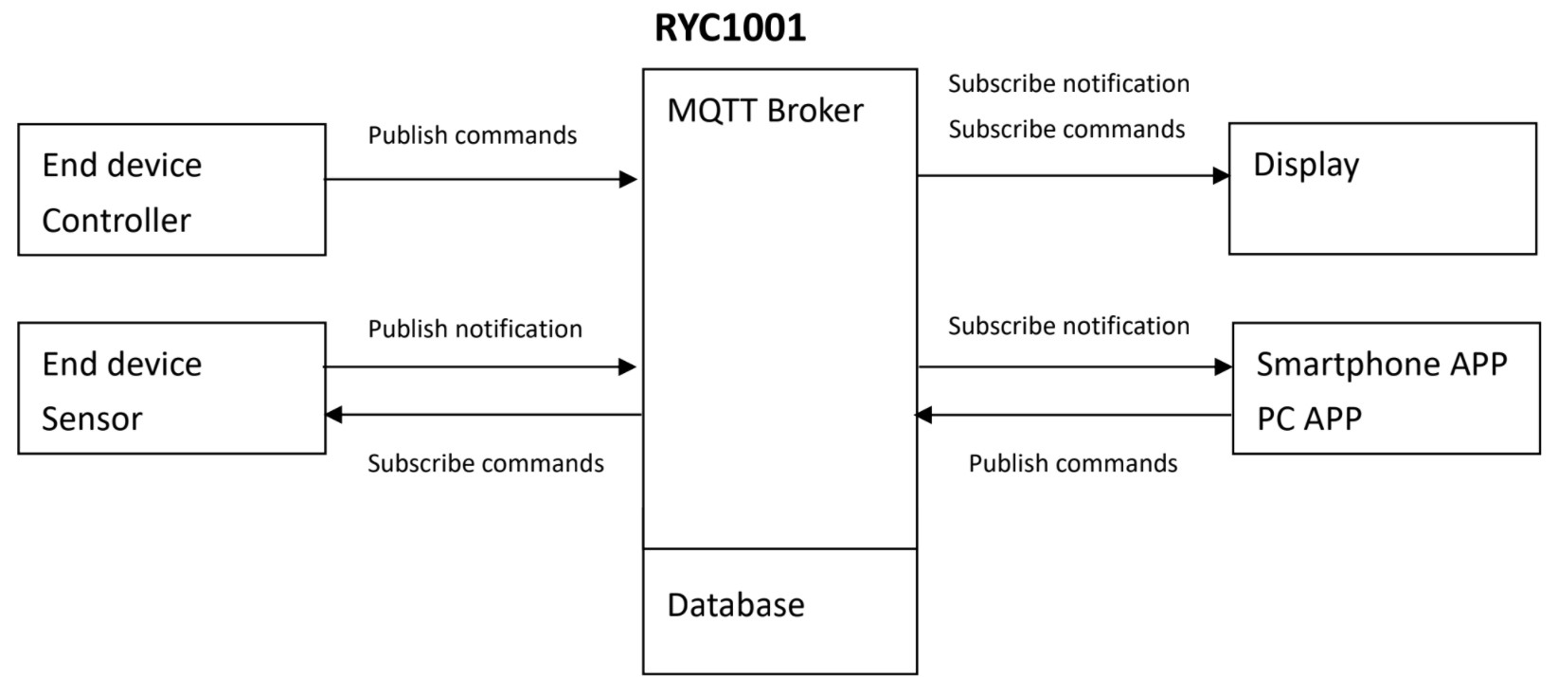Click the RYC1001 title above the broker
(729, 27)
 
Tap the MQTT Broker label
(764, 111)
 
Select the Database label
(735, 605)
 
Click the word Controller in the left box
(116, 221)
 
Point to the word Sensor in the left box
(92, 419)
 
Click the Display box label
(1305, 165)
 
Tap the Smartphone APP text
(1381, 365)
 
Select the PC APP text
(1308, 419)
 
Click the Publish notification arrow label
(475, 330)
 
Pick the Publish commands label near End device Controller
(472, 135)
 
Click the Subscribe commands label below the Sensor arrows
(485, 464)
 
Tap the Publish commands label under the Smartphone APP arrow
(1072, 464)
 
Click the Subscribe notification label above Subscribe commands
(1068, 84)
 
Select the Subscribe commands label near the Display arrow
(1066, 130)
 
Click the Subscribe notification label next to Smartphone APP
(1068, 327)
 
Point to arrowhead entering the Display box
(1221, 175)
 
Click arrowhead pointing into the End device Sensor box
(333, 415)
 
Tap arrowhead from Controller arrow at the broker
(628, 179)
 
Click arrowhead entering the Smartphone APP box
(1223, 366)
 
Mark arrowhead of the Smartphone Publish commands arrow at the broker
(924, 415)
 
